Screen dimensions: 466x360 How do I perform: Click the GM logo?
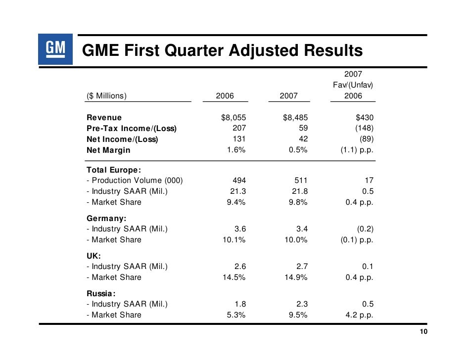55,49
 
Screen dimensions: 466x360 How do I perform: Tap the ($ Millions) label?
106,95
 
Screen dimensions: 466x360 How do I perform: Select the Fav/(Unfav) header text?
353,85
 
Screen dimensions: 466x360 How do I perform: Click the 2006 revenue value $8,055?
233,118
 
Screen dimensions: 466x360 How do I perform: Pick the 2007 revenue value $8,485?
295,118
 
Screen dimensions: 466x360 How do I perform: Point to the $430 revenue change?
365,118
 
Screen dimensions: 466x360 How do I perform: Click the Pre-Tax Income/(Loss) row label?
132,128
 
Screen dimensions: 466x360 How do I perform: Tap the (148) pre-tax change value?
365,128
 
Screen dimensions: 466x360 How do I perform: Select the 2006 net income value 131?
239,139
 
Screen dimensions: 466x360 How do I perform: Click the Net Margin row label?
108,150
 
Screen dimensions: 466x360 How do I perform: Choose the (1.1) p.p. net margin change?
357,150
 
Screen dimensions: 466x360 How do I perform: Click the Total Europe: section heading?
113,170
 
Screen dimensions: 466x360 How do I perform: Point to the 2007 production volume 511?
301,180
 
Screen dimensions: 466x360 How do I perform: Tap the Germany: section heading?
106,218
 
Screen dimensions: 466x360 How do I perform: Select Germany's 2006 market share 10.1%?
234,240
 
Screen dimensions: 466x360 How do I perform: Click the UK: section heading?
93,256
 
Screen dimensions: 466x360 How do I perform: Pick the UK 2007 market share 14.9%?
296,277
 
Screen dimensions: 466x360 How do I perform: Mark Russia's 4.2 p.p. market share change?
359,315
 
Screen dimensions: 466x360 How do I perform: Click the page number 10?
423,331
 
